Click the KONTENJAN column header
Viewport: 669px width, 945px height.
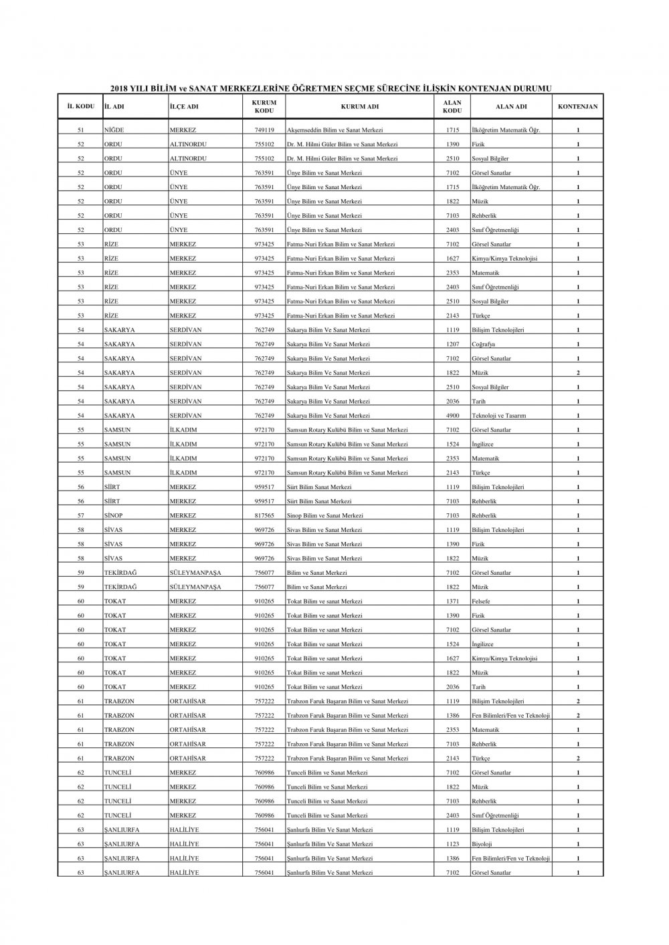(x=577, y=106)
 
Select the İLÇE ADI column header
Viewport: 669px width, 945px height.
(x=184, y=106)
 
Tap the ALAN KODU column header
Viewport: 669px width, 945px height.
(x=452, y=106)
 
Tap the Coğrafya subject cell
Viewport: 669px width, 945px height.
(x=484, y=344)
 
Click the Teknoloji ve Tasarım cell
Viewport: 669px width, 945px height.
(x=498, y=416)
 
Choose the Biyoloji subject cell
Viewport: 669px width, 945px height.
(x=482, y=844)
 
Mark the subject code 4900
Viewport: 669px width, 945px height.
(x=452, y=416)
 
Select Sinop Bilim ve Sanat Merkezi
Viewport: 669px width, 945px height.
(x=325, y=516)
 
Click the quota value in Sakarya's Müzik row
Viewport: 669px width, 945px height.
(x=578, y=373)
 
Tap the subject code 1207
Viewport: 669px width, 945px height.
(x=452, y=344)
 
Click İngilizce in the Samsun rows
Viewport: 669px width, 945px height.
(x=482, y=444)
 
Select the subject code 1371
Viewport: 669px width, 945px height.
(x=452, y=601)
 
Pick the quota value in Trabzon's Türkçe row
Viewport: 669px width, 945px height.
(x=578, y=759)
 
